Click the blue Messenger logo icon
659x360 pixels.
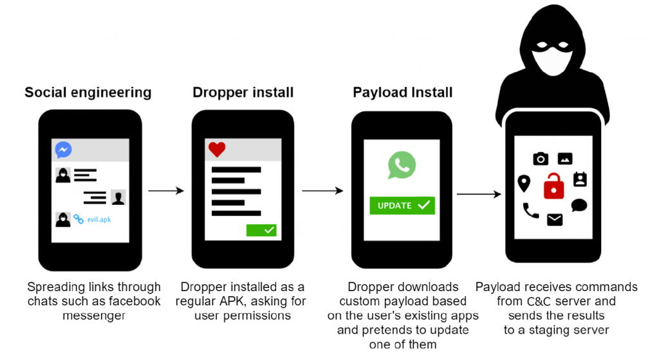pyautogui.click(x=64, y=149)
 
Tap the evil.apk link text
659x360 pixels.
pyautogui.click(x=99, y=219)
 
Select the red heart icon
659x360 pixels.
pyautogui.click(x=217, y=149)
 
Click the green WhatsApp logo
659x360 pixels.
pyautogui.click(x=402, y=165)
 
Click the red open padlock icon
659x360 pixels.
pyautogui.click(x=553, y=186)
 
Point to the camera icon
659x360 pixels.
pyautogui.click(x=541, y=158)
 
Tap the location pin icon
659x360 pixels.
pyautogui.click(x=524, y=184)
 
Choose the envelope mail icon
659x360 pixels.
pyautogui.click(x=555, y=220)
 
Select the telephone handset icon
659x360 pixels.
pyautogui.click(x=530, y=211)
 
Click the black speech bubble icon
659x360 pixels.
pyautogui.click(x=579, y=205)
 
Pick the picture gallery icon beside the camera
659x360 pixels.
pyautogui.click(x=565, y=158)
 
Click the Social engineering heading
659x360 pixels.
pyautogui.click(x=88, y=92)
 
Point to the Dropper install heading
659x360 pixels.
pyautogui.click(x=243, y=92)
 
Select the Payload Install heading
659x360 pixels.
pyautogui.click(x=402, y=92)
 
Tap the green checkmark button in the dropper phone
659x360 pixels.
pyautogui.click(x=261, y=230)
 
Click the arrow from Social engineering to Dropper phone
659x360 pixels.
pyautogui.click(x=166, y=191)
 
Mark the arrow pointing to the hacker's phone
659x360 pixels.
pyautogui.click(x=479, y=194)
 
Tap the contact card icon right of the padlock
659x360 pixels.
pyautogui.click(x=580, y=179)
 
